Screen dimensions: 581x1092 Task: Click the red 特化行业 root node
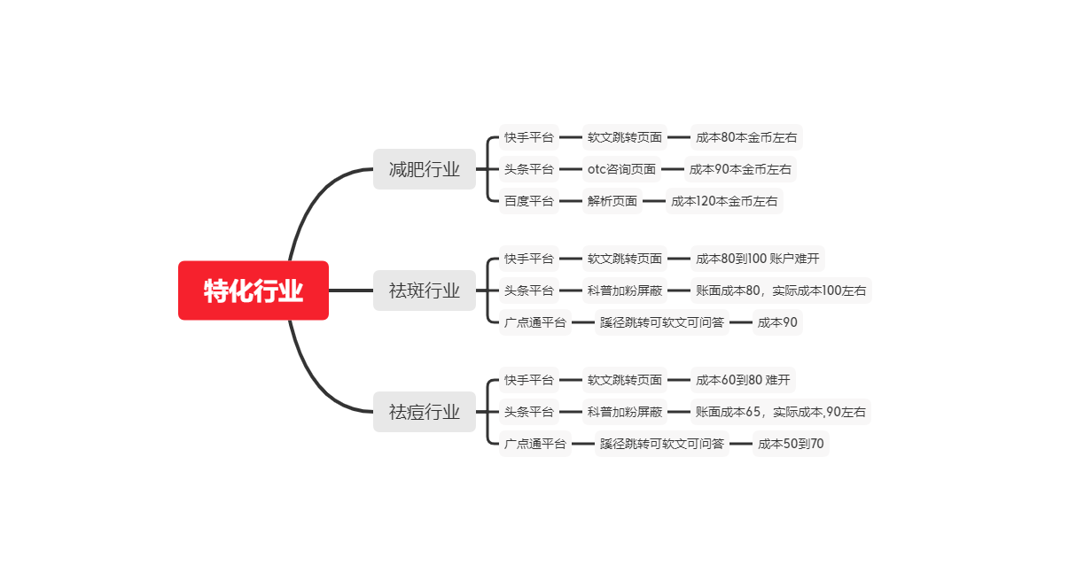pyautogui.click(x=253, y=290)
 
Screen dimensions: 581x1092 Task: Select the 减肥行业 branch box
pyautogui.click(x=425, y=169)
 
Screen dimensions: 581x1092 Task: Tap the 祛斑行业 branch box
pyautogui.click(x=425, y=290)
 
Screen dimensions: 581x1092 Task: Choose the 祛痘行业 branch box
pyautogui.click(x=425, y=412)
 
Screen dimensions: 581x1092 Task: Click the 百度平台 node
pyautogui.click(x=529, y=201)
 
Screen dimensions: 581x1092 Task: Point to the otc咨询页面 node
pyautogui.click(x=621, y=169)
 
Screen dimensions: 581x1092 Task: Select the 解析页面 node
pyautogui.click(x=612, y=201)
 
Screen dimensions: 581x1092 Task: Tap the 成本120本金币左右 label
pyautogui.click(x=724, y=201)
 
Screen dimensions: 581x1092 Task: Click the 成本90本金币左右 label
pyautogui.click(x=740, y=169)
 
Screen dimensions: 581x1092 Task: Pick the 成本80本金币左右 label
pyautogui.click(x=746, y=137)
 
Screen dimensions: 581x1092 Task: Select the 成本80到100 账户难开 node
pyautogui.click(x=758, y=259)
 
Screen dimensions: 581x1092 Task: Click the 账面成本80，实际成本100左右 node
pyautogui.click(x=781, y=290)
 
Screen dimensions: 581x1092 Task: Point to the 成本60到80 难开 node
pyautogui.click(x=743, y=380)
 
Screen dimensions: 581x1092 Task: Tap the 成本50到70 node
pyautogui.click(x=791, y=444)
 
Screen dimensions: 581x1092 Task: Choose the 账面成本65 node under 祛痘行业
pyautogui.click(x=781, y=412)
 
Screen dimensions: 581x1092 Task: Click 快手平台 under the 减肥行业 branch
pyautogui.click(x=529, y=137)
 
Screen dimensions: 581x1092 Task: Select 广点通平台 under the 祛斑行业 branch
pyautogui.click(x=535, y=322)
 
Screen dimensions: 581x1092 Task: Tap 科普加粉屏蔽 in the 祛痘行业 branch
pyautogui.click(x=625, y=412)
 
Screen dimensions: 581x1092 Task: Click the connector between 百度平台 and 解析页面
pyautogui.click(x=570, y=201)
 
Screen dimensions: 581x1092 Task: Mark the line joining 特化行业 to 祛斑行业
pyautogui.click(x=351, y=290)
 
